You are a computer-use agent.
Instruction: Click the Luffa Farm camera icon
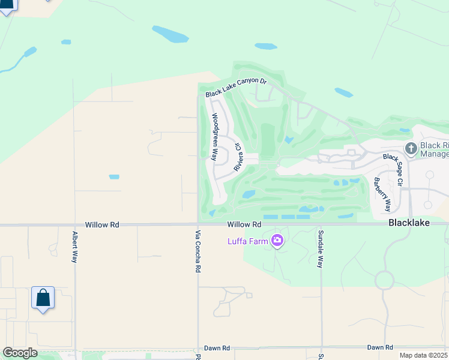[277, 241]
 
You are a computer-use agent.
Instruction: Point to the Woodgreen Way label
[214, 136]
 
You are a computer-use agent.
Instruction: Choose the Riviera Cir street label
[238, 157]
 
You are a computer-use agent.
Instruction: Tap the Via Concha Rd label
[197, 250]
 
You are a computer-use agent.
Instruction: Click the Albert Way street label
[75, 247]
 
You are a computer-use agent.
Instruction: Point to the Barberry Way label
[382, 194]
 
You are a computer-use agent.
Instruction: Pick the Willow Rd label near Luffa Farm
[244, 224]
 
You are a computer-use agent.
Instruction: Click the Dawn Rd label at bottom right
[379, 347]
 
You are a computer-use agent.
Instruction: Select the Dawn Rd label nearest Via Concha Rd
[217, 348]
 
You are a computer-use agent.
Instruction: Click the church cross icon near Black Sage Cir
[411, 147]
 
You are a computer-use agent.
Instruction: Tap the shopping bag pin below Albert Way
[43, 298]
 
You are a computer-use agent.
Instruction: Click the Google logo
[20, 353]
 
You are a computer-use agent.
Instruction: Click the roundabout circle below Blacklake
[384, 280]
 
